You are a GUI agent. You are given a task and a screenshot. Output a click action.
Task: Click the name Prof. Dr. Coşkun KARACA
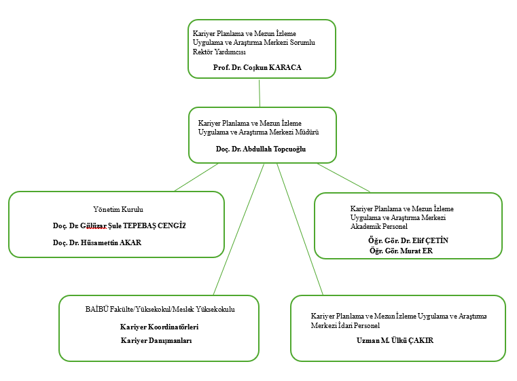point(257,67)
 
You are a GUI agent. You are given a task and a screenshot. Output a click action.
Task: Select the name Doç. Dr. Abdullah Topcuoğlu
point(261,149)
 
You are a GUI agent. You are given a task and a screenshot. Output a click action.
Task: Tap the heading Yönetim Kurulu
point(118,209)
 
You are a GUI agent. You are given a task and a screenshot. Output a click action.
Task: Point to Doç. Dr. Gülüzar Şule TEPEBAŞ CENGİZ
point(119,225)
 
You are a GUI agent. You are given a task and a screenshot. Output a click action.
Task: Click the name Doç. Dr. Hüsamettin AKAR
point(97,242)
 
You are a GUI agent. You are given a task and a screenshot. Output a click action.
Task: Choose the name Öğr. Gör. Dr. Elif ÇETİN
point(408,240)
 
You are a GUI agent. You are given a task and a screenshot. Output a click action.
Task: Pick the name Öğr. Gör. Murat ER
point(401,251)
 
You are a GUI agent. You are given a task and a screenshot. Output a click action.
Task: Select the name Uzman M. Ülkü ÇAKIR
point(395,340)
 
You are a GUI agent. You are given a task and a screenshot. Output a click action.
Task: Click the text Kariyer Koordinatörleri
point(159,327)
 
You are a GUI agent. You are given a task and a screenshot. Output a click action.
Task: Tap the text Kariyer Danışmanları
point(156,340)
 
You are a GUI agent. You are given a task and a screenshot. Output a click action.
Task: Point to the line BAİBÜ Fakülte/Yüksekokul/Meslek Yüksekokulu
point(160,309)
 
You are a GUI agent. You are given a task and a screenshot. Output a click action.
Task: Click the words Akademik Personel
point(379,226)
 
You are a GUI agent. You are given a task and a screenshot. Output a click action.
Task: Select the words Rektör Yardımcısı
point(219,52)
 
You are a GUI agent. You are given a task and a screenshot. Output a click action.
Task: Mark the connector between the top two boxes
point(260,93)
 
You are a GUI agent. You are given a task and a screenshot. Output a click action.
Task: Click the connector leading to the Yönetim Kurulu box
point(196,177)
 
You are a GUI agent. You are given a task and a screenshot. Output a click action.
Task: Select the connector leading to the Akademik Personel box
point(344,178)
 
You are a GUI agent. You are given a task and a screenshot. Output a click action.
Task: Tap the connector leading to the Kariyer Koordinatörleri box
point(238,229)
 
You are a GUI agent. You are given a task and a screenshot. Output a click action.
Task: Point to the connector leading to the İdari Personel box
point(300,229)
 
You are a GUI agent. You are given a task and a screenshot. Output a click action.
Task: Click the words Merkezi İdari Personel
point(345,325)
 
